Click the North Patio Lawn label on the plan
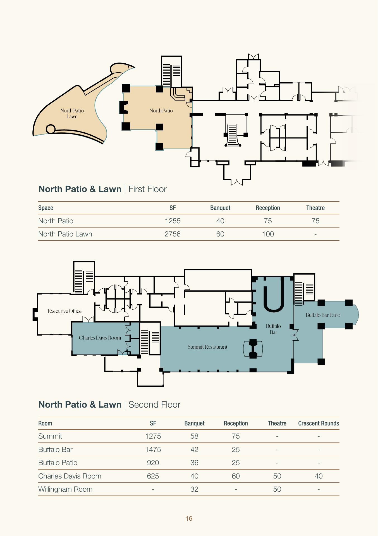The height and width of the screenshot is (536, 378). coord(72,114)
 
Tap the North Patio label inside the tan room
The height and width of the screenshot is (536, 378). coord(161,111)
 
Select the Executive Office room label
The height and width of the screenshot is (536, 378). coord(64,311)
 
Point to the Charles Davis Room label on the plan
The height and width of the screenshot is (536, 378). coord(100,338)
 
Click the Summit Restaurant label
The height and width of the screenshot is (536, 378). coord(207,347)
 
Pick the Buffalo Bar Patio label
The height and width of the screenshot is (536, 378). coord(323,315)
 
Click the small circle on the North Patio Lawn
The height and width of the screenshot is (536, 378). coord(50,129)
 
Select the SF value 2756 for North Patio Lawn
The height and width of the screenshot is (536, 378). coord(173,234)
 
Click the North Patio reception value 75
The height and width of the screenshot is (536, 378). coord(268,221)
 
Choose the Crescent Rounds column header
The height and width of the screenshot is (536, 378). coord(319,423)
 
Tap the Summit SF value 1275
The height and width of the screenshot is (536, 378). coord(153,436)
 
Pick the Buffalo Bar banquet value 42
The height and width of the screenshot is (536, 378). coord(194,449)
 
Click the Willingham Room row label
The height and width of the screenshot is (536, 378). coord(65,489)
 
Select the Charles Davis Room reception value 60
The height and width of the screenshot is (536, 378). coord(236,476)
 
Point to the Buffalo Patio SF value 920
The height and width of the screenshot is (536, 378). coord(153,463)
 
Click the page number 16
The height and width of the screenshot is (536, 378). coord(189,518)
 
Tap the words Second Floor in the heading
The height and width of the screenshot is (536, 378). coord(154,405)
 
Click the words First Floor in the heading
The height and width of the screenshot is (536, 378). coord(147,189)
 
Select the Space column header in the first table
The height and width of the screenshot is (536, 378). coord(46,208)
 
